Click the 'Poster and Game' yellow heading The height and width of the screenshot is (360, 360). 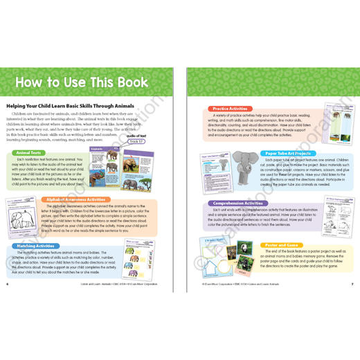pyautogui.click(x=278, y=245)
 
